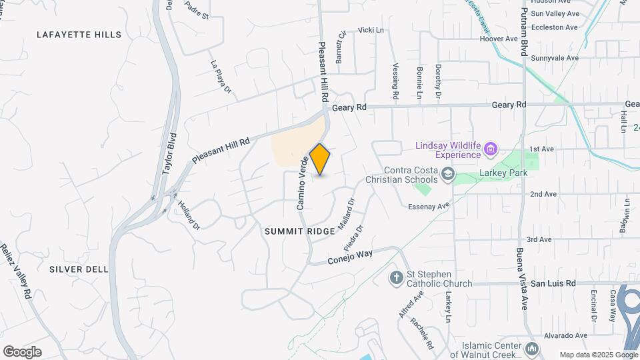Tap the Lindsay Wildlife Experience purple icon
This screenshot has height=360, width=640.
click(x=491, y=147)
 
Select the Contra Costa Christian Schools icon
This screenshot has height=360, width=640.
click(x=448, y=175)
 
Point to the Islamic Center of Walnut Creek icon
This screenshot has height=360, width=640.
click(x=531, y=349)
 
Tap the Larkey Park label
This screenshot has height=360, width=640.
click(x=503, y=173)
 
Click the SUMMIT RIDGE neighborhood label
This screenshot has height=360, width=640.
click(x=299, y=231)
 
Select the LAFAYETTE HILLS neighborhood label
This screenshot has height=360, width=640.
click(x=79, y=35)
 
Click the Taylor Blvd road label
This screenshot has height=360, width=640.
click(x=170, y=153)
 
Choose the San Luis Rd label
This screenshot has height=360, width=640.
click(x=553, y=283)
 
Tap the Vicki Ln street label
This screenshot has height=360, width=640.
click(x=371, y=30)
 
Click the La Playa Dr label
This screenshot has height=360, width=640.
click(x=221, y=77)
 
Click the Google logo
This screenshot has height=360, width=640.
click(x=22, y=351)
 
